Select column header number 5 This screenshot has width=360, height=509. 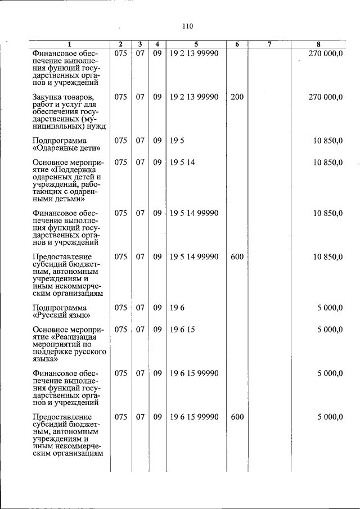(196, 44)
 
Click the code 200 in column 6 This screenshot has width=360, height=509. (237, 97)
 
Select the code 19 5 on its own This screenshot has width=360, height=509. (175, 140)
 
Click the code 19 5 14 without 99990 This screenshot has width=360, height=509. (182, 162)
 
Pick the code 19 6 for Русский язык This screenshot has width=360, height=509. (175, 308)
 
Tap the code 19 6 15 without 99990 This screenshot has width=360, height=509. (182, 330)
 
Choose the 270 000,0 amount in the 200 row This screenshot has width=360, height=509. (326, 97)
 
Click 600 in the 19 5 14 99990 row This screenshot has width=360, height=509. (237, 256)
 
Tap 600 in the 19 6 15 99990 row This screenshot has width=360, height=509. (237, 417)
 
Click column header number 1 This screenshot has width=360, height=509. (69, 44)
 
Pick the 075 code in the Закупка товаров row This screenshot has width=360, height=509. (120, 97)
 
